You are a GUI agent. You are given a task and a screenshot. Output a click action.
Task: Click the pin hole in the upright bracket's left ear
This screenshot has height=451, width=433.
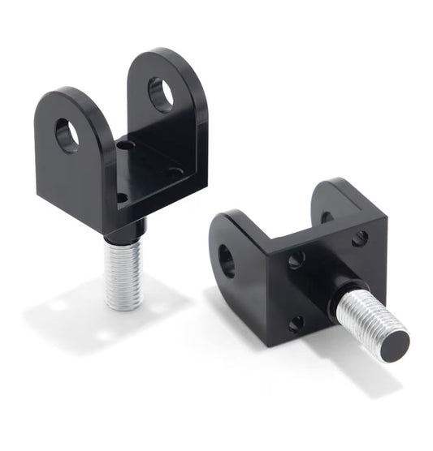tap(67, 135)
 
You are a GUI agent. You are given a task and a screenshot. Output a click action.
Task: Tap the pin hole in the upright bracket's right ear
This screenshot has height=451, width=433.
tap(160, 94)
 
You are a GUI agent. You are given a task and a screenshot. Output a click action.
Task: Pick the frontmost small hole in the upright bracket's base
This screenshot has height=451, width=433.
tap(121, 197)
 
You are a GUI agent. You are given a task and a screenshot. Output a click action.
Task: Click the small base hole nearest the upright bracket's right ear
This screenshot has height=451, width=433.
tap(174, 171)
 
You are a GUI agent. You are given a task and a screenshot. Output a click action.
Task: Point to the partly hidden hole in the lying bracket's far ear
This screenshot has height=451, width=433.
tap(327, 217)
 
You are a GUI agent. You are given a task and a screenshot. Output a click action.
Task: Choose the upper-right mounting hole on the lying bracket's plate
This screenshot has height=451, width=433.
tap(360, 238)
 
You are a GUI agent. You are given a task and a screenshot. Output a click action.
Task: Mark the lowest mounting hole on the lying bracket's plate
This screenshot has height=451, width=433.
tap(297, 322)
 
